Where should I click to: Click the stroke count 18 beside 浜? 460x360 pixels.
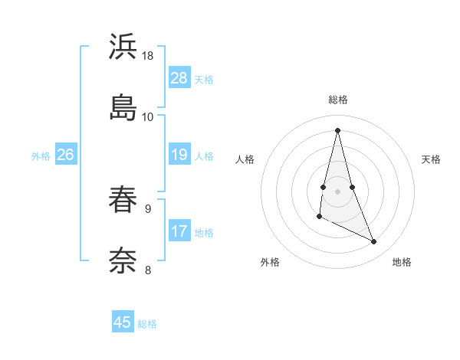[148, 56]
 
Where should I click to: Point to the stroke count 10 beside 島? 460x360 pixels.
[148, 116]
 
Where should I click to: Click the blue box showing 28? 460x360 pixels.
[179, 78]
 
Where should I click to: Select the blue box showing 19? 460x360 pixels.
[179, 155]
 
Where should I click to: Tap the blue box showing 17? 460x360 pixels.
[179, 231]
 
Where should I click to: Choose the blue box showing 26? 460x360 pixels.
[65, 155]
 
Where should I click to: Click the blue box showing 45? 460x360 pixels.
[123, 322]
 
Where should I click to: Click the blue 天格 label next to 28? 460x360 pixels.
[204, 79]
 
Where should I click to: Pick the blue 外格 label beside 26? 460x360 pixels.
[41, 156]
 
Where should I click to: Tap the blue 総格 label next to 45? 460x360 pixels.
[147, 324]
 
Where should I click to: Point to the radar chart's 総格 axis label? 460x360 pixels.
[338, 100]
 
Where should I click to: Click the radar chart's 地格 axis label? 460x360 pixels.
[402, 263]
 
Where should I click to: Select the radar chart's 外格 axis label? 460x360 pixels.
[270, 263]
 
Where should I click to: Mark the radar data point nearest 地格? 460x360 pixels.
[374, 242]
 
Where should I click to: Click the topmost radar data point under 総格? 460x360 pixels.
[338, 129]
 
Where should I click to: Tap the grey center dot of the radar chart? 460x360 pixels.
[338, 191]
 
